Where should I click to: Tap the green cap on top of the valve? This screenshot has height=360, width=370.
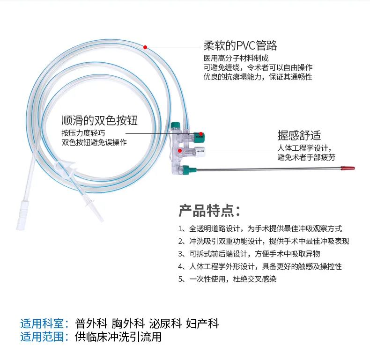(x=176, y=125)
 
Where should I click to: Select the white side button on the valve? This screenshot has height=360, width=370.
(x=200, y=151)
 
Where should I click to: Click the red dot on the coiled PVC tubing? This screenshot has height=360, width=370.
(x=145, y=47)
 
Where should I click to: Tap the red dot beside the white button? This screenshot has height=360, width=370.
(x=180, y=151)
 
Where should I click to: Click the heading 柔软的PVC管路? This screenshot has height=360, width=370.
(x=240, y=45)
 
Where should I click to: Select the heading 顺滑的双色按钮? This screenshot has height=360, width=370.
(x=99, y=120)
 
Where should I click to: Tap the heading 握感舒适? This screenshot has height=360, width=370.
(x=299, y=135)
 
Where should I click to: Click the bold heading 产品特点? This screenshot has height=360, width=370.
(x=209, y=211)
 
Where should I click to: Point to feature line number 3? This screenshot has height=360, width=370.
(x=249, y=254)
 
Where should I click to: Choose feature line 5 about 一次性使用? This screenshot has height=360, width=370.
(x=227, y=279)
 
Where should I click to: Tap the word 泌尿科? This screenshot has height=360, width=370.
(x=165, y=323)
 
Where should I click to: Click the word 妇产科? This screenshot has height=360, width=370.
(x=202, y=323)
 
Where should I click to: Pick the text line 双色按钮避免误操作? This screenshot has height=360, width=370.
(x=94, y=142)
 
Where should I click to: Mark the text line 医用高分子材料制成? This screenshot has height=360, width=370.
(x=236, y=58)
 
